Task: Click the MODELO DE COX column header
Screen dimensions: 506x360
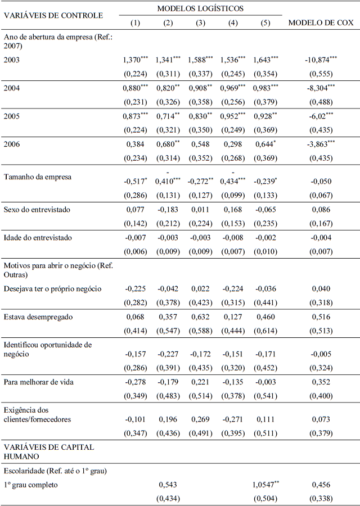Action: click(321, 22)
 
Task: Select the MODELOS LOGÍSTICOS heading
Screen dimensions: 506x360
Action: click(200, 8)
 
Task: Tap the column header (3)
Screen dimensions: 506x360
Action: click(200, 22)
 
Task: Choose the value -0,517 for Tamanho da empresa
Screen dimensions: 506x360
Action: click(135, 182)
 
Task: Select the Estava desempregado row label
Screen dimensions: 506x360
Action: click(38, 317)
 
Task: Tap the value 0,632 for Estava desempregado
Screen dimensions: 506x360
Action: click(200, 317)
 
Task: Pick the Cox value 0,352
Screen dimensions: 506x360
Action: click(321, 382)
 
